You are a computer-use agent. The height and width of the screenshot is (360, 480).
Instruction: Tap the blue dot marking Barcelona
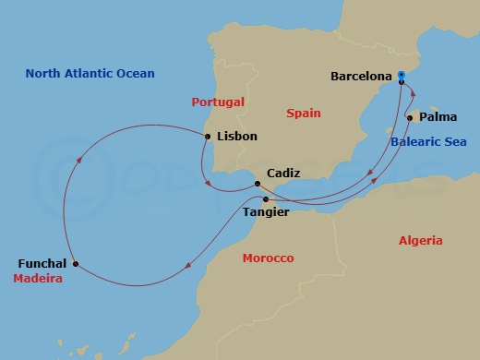click(x=402, y=78)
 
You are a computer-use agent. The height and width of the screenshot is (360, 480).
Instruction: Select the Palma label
click(x=438, y=117)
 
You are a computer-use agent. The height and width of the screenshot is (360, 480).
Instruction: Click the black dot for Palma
click(x=409, y=118)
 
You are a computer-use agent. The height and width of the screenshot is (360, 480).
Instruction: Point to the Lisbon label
click(x=235, y=137)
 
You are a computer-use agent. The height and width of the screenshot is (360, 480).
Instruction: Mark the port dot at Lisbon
click(x=208, y=137)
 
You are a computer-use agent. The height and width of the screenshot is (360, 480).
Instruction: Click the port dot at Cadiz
click(x=258, y=185)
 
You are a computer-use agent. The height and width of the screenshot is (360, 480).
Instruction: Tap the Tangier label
click(x=265, y=212)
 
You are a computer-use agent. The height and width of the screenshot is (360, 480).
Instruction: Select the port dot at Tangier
click(x=266, y=199)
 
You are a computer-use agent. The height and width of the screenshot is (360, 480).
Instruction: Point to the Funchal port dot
click(x=75, y=264)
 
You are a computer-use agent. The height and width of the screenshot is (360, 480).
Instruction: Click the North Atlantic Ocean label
click(x=90, y=73)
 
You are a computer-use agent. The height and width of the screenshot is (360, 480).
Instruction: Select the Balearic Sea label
click(x=428, y=141)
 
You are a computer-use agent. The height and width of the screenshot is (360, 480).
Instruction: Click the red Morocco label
click(x=268, y=258)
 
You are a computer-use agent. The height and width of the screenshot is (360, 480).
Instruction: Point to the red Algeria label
click(x=420, y=241)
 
